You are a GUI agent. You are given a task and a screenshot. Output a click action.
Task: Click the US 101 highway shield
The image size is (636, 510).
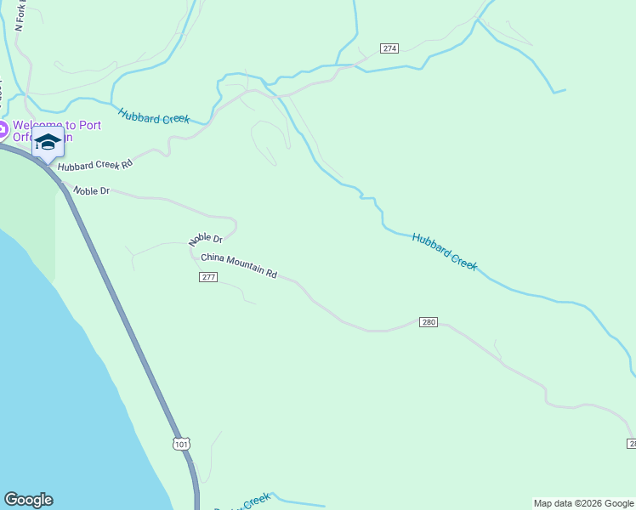pos(180,444)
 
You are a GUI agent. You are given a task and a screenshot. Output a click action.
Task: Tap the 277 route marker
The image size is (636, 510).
pos(209,278)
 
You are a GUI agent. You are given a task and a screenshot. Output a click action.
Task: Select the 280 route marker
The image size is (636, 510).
pos(429,322)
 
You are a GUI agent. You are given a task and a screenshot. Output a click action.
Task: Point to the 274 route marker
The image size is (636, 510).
pos(389,48)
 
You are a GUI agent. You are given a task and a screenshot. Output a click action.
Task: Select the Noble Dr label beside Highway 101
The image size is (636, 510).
pos(92,191)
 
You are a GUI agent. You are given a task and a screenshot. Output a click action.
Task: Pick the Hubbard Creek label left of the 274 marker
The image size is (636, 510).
pos(153,116)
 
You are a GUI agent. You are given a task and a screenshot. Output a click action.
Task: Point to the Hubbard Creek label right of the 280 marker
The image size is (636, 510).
pos(445,252)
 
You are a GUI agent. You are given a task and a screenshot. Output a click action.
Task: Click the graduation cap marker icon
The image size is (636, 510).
pos(48,141)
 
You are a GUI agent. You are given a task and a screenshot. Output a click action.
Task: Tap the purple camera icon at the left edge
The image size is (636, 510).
pos(3,131)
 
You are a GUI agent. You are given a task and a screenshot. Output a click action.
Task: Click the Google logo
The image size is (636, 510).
pos(28,500)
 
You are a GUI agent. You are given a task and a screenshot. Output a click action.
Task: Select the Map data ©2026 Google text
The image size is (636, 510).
pos(583,503)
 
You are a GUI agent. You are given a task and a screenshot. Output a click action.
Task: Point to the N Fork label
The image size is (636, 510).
pos(21,15)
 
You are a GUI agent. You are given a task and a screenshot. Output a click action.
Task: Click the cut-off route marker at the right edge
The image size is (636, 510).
pos(632,444)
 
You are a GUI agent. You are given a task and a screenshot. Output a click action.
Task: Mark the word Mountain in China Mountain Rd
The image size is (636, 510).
pos(245,267)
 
